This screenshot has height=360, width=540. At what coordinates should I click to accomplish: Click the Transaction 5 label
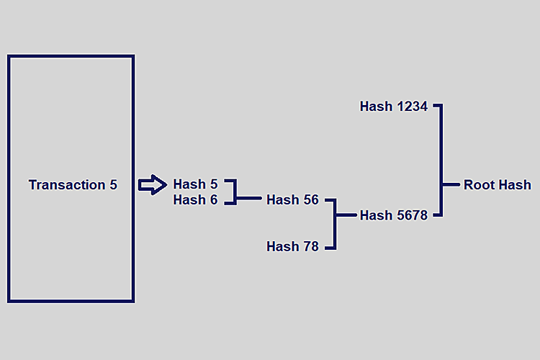(x=73, y=185)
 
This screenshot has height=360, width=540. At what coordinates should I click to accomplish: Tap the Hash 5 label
(x=195, y=184)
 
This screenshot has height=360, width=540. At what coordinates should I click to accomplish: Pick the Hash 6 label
(x=195, y=200)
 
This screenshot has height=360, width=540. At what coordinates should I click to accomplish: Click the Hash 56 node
(x=292, y=200)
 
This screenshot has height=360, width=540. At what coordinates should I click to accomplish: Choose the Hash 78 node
(x=292, y=247)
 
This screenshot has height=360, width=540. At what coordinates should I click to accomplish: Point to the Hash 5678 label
(x=394, y=215)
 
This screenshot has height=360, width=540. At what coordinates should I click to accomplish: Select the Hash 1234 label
(x=394, y=107)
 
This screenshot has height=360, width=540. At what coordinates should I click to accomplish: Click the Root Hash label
(x=497, y=185)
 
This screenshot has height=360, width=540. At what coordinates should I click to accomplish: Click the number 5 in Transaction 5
(x=113, y=185)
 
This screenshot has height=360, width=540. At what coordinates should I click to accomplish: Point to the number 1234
(x=412, y=107)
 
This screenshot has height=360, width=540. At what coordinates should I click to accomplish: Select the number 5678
(x=412, y=215)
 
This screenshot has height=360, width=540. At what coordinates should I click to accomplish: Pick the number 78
(x=310, y=247)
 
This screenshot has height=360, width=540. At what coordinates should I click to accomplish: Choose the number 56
(x=310, y=200)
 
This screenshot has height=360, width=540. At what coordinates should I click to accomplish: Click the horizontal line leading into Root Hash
(x=451, y=185)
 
